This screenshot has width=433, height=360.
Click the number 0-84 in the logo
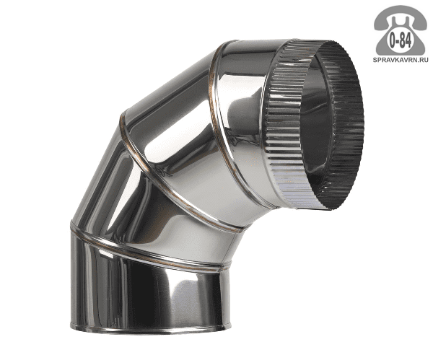pyautogui.click(x=400, y=41)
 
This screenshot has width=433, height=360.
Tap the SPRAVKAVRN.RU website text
pyautogui.click(x=401, y=59)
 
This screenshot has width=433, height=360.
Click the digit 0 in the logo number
pyautogui.click(x=393, y=41)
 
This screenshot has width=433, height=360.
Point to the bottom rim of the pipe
pyautogui.click(x=149, y=329)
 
